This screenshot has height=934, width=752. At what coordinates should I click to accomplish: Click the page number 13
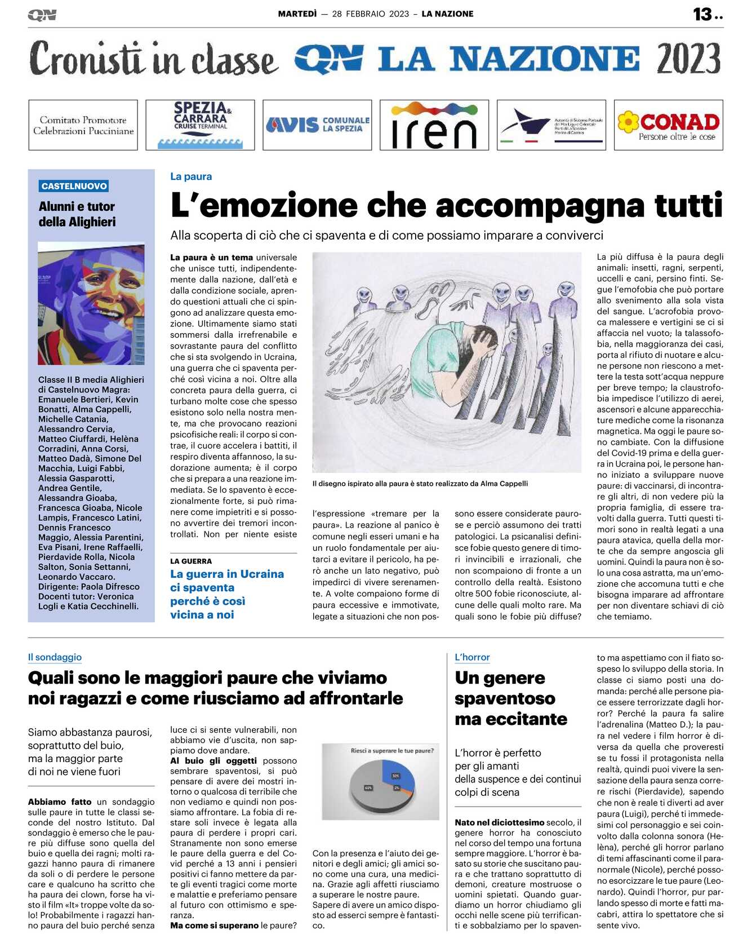point(702,14)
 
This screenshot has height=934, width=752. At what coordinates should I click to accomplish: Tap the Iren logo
point(434,125)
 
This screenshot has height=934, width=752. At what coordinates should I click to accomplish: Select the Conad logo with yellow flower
point(668,125)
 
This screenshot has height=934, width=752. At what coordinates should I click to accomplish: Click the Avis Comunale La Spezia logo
point(317,125)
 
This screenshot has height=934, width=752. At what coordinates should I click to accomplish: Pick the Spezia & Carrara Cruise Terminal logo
point(200,125)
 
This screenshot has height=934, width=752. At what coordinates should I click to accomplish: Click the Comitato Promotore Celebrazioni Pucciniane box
point(83,125)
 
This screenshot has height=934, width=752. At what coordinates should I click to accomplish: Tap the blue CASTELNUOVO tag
point(74,186)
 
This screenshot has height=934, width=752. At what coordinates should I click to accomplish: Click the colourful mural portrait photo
point(91,303)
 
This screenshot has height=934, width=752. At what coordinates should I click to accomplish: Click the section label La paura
point(191,176)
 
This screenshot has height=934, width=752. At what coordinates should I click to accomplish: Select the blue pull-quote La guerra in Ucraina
point(227,594)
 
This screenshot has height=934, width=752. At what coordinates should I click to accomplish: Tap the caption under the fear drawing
point(420,483)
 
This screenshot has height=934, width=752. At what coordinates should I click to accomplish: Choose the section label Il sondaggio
point(55,657)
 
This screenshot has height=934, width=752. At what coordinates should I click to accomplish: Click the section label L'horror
point(472,657)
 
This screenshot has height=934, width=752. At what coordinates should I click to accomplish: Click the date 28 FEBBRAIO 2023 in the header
point(370,14)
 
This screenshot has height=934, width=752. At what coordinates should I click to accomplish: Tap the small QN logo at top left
point(42,15)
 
